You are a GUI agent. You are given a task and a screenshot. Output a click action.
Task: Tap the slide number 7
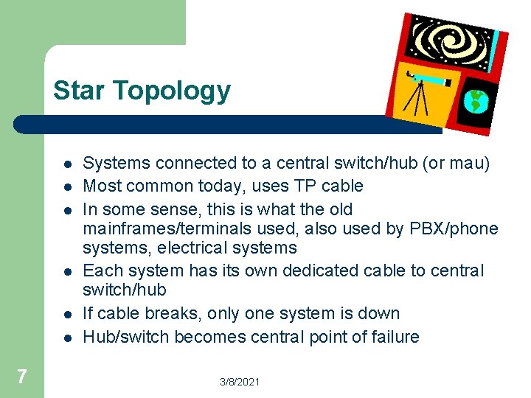21,377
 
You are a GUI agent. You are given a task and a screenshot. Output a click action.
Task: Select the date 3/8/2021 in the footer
240,381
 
